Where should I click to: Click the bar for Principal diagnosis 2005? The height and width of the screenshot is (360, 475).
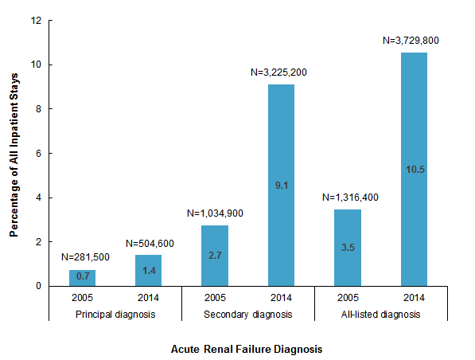(x=83, y=277)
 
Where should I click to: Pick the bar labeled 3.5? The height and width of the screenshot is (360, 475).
(x=348, y=247)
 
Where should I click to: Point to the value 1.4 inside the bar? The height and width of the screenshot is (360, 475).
(x=149, y=272)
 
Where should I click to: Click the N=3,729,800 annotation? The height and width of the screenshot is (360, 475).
(x=414, y=39)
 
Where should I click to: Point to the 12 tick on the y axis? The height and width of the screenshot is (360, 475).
(x=37, y=21)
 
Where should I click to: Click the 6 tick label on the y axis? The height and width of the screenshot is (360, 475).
(x=39, y=153)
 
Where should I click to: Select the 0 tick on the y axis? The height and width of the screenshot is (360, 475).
(x=39, y=286)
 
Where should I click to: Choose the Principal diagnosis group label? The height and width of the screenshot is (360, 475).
(x=116, y=315)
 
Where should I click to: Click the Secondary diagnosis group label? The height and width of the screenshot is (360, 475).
(x=248, y=315)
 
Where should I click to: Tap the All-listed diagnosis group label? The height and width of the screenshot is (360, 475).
(x=381, y=315)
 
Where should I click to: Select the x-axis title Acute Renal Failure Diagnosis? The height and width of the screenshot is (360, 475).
(x=247, y=349)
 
